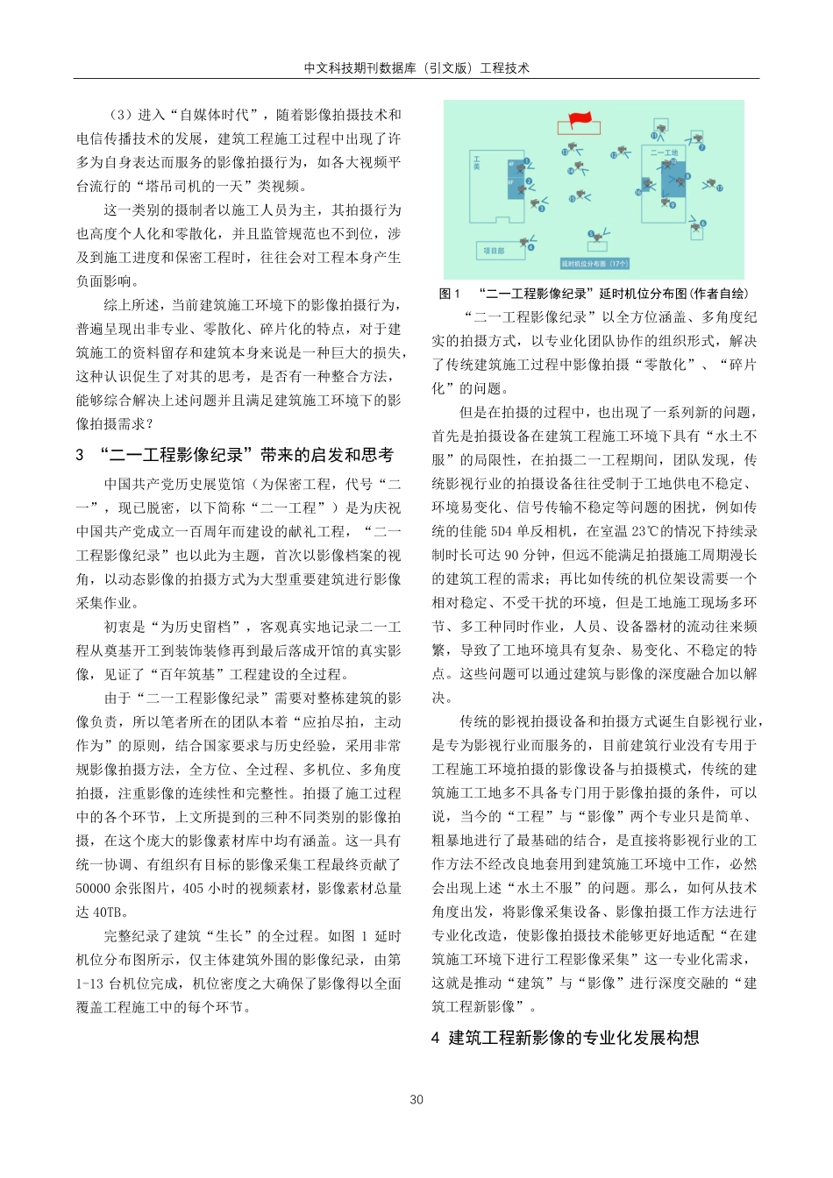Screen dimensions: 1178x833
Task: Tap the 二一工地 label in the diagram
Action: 664,153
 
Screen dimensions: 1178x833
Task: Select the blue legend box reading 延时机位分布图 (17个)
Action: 594,263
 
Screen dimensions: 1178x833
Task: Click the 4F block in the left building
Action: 511,164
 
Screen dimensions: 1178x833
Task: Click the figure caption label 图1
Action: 449,294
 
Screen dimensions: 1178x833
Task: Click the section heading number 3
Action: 80,455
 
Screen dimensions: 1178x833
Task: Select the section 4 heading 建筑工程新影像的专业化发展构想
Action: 573,1038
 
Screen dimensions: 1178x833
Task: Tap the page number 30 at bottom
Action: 416,1100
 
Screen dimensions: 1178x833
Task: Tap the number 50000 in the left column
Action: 94,888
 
